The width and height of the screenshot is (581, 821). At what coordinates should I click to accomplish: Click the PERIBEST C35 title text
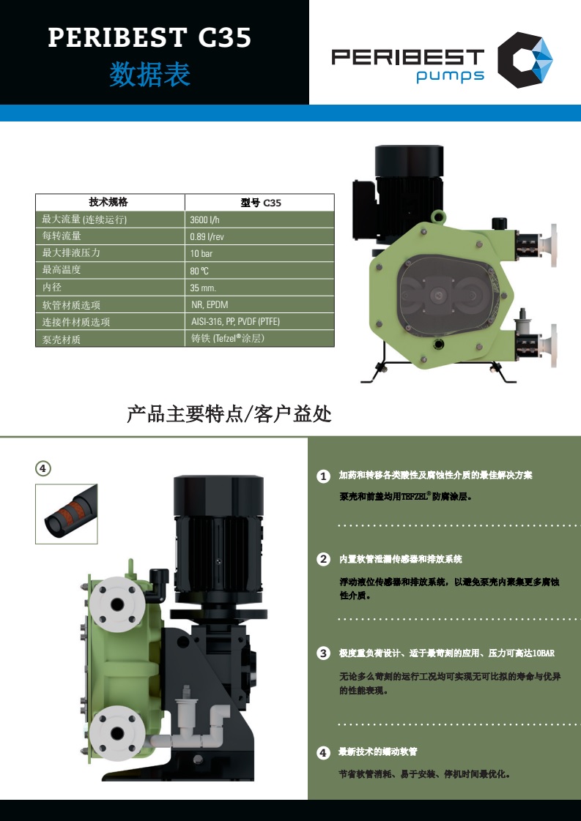pos(150,38)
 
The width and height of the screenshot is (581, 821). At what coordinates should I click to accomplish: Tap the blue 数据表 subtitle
pos(150,74)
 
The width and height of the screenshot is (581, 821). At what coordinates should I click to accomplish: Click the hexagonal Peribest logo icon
pos(525,60)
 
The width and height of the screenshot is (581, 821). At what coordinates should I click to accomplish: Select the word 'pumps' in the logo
pos(451,76)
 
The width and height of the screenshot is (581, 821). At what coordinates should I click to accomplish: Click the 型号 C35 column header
pos(261,203)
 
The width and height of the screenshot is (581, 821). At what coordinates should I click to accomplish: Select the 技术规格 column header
pos(108,202)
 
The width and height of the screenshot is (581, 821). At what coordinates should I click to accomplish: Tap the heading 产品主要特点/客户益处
pos(229,414)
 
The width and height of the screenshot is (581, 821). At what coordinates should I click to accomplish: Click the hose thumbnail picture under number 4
pos(67,514)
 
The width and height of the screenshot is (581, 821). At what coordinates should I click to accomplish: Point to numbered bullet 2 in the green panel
pos(324,559)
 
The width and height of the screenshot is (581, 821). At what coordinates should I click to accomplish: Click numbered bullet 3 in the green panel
pos(324,653)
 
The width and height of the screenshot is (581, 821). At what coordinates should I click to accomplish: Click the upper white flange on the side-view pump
pos(117,604)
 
